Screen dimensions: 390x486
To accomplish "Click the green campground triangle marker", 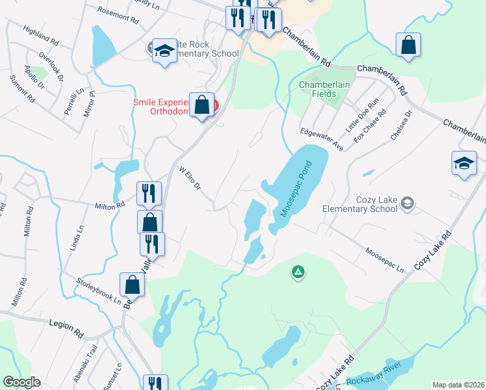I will point(298,272).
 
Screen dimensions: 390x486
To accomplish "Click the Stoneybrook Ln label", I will point(99,291).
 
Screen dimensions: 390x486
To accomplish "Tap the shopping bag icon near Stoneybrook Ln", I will point(132,284).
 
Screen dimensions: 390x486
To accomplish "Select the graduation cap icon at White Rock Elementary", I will point(165,51).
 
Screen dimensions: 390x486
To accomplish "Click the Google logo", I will point(21,382).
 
